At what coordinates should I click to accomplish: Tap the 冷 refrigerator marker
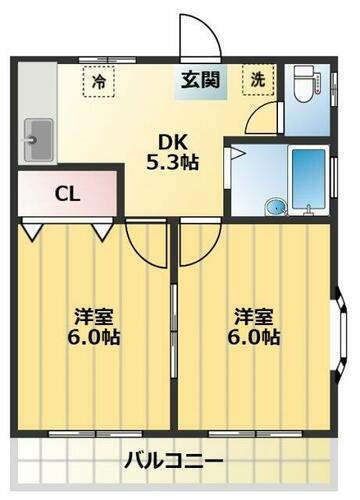point(99,80)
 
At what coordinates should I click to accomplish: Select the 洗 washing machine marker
point(257,81)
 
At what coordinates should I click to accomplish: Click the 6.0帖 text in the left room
point(92,338)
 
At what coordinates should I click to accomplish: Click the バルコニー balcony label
point(174,461)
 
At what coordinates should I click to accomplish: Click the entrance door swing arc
point(200,38)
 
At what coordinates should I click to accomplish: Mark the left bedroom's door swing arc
point(147,246)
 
